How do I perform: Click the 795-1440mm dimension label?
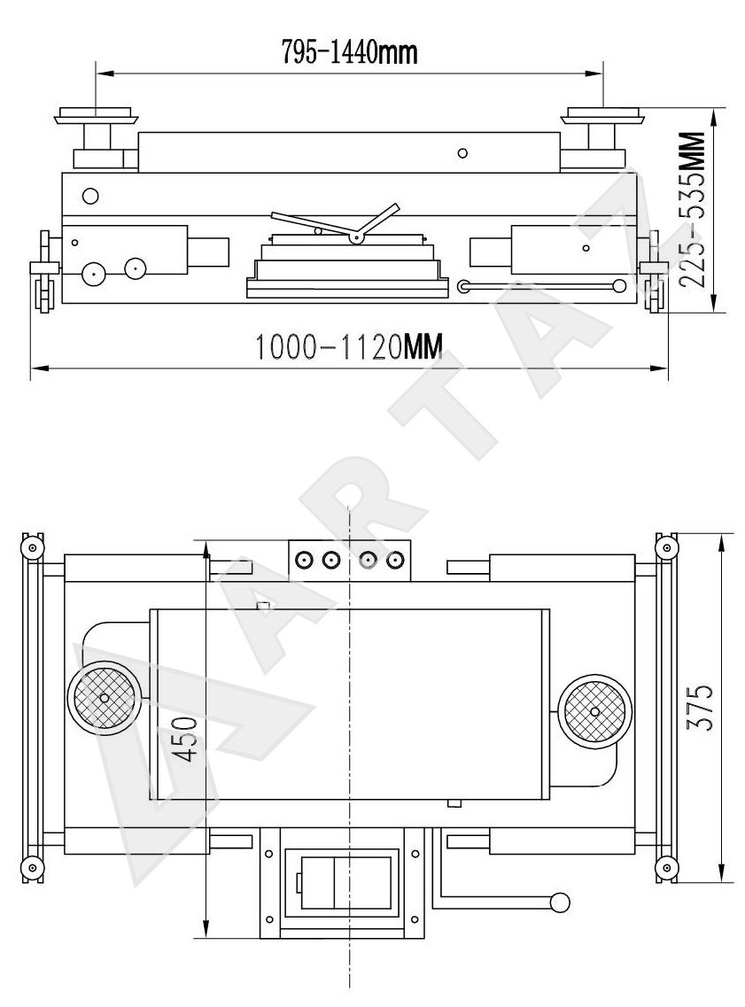tap(349, 52)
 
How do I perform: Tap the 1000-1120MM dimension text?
tap(349, 347)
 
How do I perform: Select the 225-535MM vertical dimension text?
tap(692, 209)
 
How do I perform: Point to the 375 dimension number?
tap(700, 707)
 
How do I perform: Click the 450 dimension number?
tap(186, 740)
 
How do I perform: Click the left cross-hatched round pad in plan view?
tap(104, 697)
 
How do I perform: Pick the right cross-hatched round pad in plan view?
tap(594, 711)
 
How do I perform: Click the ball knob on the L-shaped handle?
tap(559, 902)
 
